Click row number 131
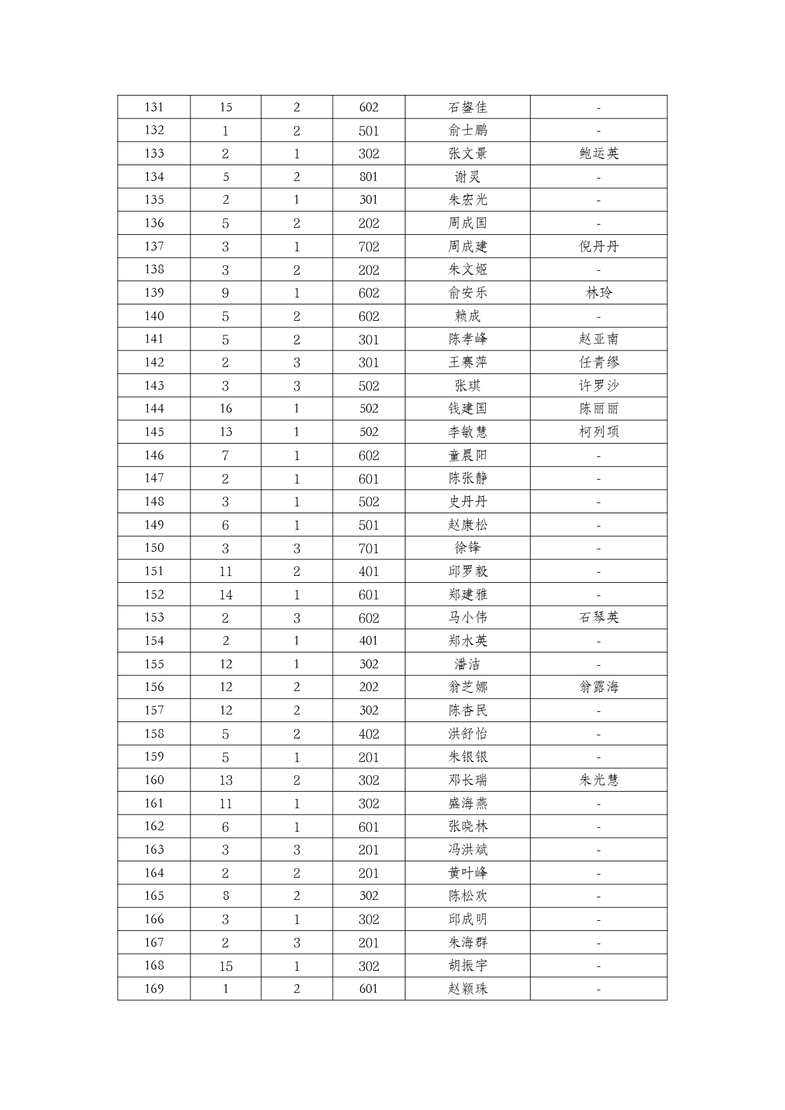coord(154,107)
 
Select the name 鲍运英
coord(598,154)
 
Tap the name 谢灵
coord(467,177)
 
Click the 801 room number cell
coord(368,177)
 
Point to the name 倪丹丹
coord(598,247)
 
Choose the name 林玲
coord(598,293)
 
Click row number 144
coord(154,409)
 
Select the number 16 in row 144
coord(226,409)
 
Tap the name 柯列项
coord(598,432)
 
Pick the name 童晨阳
coord(467,456)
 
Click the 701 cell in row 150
coord(368,548)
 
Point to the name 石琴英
coord(598,618)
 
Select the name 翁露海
coord(598,687)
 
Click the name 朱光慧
coord(598,780)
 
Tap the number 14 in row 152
coord(226,595)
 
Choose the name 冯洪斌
coord(467,850)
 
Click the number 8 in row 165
coord(226,896)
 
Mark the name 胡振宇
coord(467,966)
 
